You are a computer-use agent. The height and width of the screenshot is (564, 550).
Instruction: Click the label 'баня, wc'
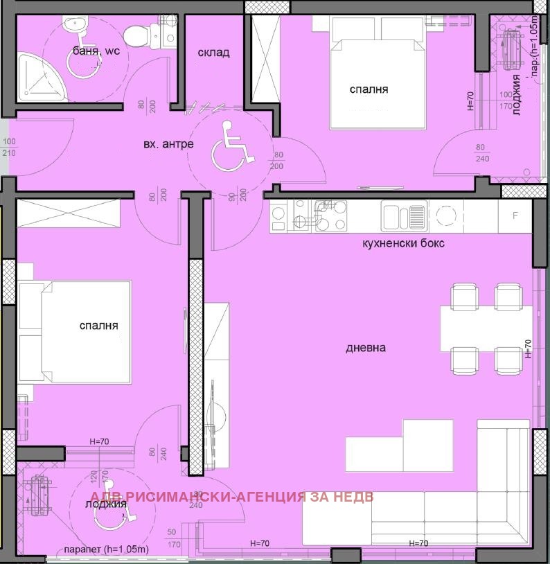[x=96, y=51]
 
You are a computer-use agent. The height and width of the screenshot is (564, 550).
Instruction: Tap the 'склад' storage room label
[x=213, y=53]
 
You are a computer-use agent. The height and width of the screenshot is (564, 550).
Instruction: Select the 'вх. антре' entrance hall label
[x=168, y=144]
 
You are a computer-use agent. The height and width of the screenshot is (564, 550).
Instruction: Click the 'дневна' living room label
[x=366, y=348]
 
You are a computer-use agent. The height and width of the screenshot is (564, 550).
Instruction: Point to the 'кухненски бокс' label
[x=403, y=243]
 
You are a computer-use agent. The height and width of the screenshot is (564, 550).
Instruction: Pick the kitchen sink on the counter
[x=403, y=215]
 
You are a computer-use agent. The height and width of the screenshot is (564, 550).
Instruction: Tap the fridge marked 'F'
[x=515, y=215]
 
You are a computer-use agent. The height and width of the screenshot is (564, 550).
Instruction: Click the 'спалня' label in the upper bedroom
[x=368, y=89]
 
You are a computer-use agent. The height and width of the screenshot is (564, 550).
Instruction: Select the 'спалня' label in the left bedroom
[x=98, y=325]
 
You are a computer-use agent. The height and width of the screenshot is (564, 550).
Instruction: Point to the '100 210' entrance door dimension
[x=8, y=146]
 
